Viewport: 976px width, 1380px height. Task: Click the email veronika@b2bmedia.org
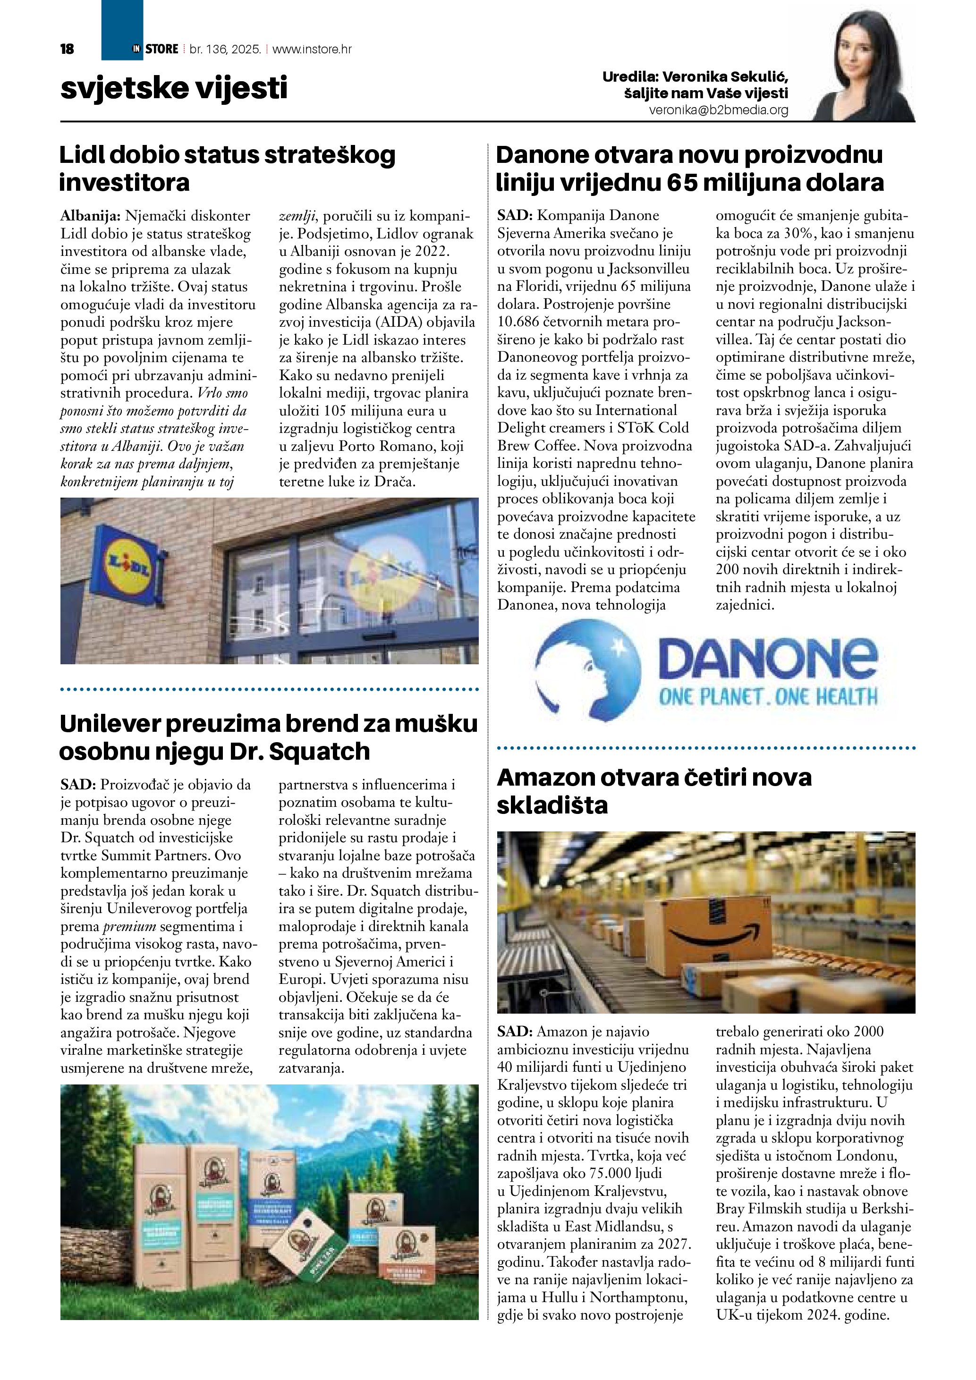click(x=718, y=110)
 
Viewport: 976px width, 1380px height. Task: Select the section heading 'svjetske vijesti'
click(x=174, y=88)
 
